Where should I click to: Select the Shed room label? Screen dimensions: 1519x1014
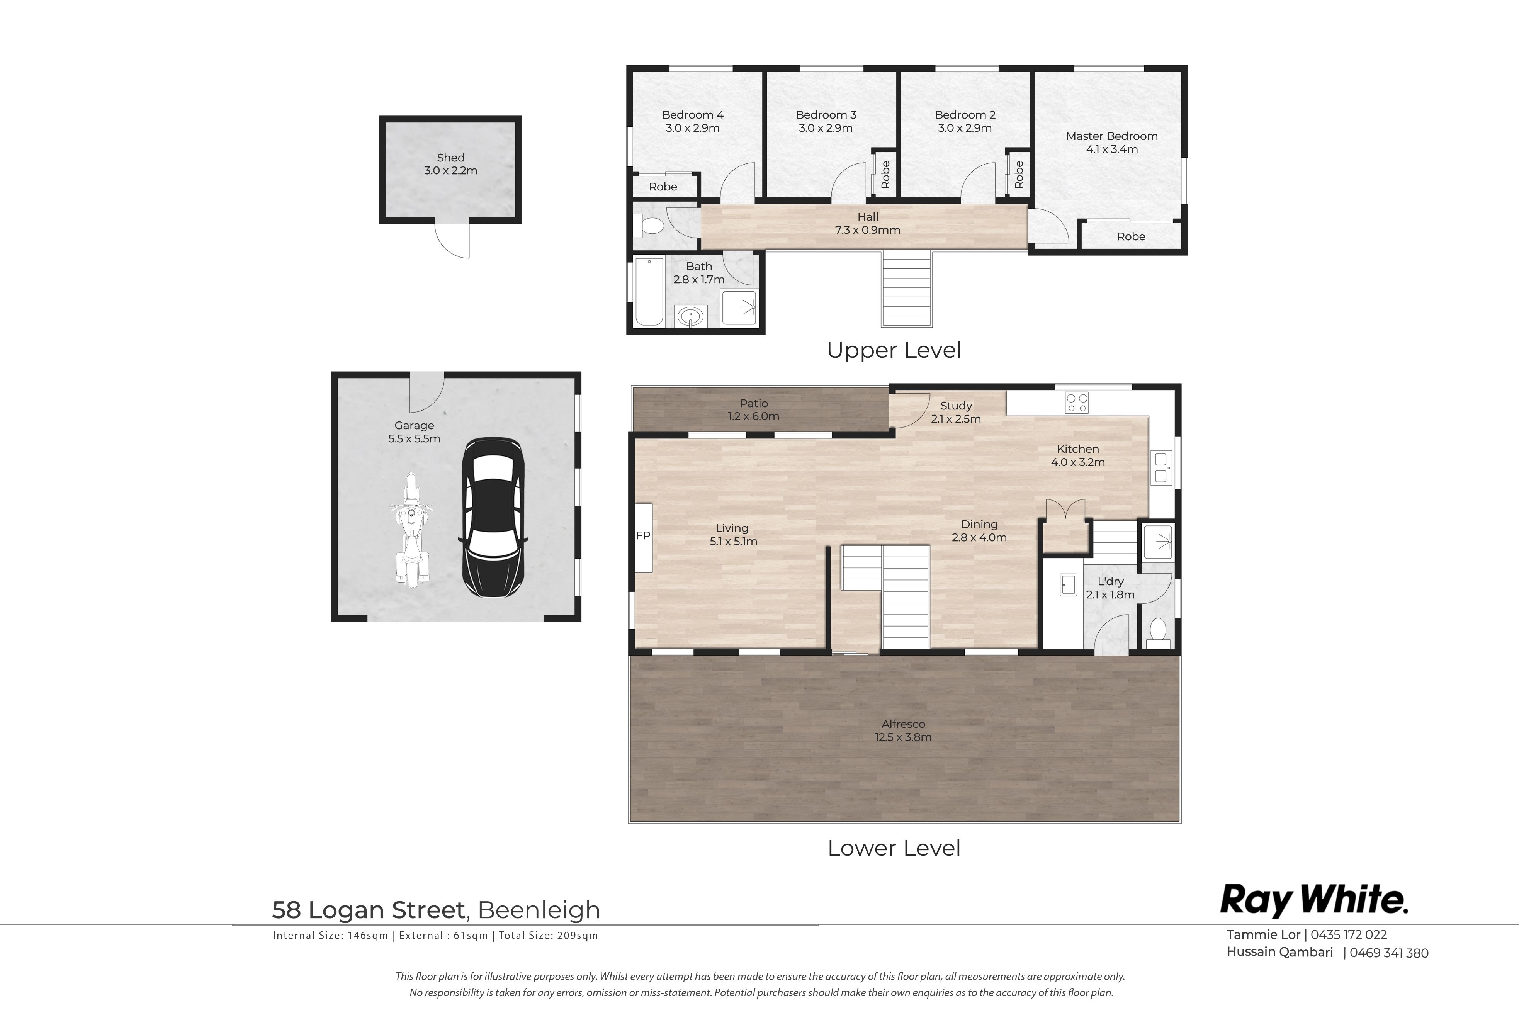click(x=451, y=158)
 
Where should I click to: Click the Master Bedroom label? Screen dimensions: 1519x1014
click(x=1111, y=136)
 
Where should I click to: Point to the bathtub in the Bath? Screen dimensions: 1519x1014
click(x=649, y=292)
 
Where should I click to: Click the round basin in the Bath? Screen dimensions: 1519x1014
click(x=691, y=317)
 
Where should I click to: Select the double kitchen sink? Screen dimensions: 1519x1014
click(x=1161, y=467)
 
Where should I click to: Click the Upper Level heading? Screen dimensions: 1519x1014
click(x=894, y=350)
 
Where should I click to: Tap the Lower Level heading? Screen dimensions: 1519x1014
click(x=894, y=848)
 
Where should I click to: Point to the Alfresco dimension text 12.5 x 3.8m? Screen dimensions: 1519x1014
click(x=903, y=737)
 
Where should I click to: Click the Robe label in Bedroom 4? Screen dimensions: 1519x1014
click(x=663, y=187)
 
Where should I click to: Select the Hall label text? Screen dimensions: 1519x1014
click(x=868, y=217)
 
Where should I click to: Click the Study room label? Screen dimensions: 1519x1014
click(x=956, y=406)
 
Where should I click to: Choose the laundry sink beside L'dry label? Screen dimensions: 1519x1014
click(x=1068, y=584)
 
